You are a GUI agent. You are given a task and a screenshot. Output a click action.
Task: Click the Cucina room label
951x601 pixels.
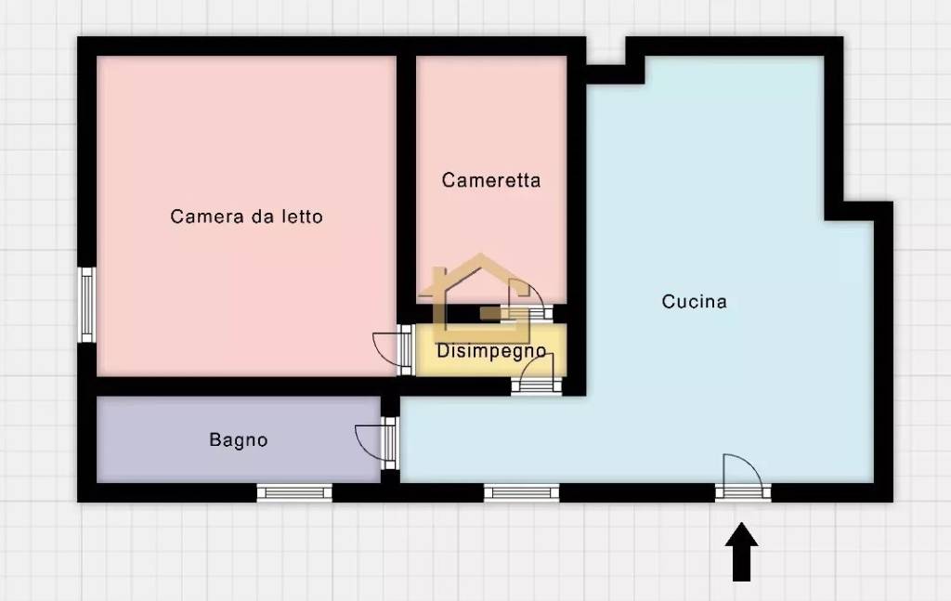pyautogui.click(x=694, y=302)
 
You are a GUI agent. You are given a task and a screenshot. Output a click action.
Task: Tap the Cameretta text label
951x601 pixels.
pyautogui.click(x=490, y=180)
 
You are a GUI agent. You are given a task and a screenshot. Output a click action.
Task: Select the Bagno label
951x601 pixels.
pyautogui.click(x=238, y=440)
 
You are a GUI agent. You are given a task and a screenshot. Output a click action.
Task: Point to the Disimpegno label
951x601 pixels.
pyautogui.click(x=490, y=351)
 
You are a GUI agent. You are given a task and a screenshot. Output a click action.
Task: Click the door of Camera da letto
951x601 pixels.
pyautogui.click(x=394, y=351)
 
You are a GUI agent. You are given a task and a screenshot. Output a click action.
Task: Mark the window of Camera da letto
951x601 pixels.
pyautogui.click(x=86, y=305)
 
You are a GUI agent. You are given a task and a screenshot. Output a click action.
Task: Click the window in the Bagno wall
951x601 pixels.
pyautogui.click(x=294, y=492)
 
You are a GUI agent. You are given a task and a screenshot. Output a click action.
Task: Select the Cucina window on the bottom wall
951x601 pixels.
pyautogui.click(x=522, y=492)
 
